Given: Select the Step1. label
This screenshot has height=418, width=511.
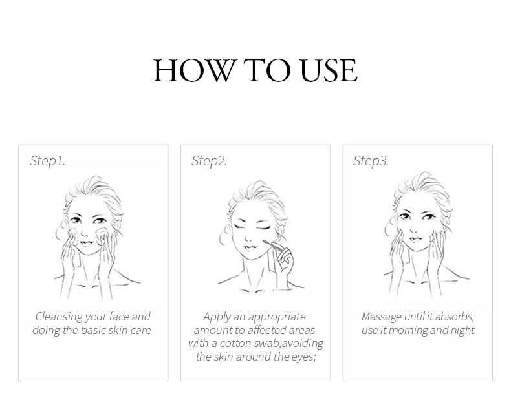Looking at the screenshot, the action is (x=48, y=161).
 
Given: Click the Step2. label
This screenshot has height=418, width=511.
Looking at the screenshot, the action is (x=209, y=161).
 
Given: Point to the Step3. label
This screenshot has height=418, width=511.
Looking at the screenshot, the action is (x=371, y=161).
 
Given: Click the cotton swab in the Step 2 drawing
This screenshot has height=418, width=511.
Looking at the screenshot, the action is (x=273, y=245).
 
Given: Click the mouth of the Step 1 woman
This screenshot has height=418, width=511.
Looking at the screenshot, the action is (x=86, y=242).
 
